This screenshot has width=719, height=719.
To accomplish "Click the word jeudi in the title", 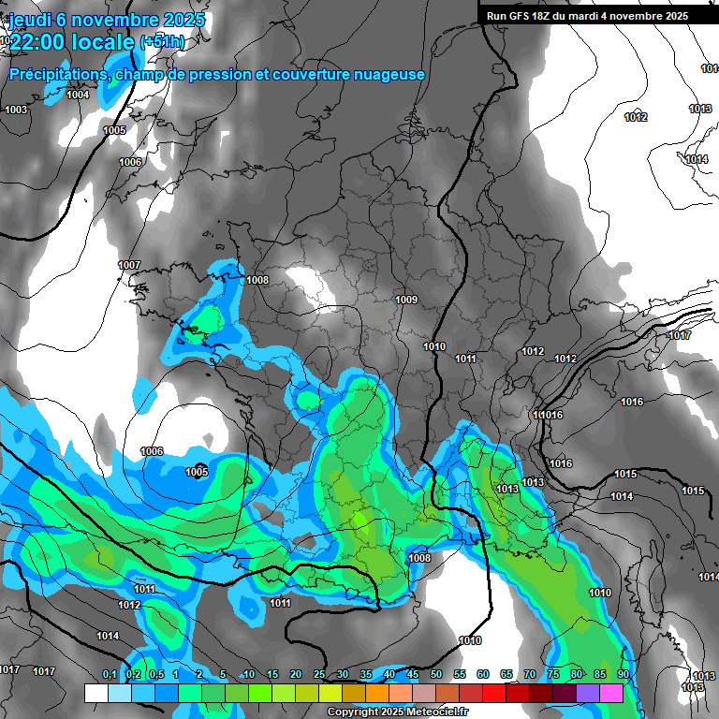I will [x=31, y=20].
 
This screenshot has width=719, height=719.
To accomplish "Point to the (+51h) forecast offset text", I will [x=162, y=42].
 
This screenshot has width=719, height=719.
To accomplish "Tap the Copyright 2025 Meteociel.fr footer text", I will [x=399, y=712].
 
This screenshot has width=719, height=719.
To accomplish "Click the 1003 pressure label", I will [x=16, y=110].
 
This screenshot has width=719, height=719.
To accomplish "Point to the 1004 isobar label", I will [x=78, y=95].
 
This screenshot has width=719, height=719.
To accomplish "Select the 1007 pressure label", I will [x=129, y=265].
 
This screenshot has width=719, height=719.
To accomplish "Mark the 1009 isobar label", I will [x=406, y=300].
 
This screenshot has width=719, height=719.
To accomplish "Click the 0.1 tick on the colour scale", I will [x=109, y=674].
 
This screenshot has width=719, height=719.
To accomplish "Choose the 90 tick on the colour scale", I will [x=623, y=674].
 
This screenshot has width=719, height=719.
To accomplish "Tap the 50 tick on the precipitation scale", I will [x=436, y=674].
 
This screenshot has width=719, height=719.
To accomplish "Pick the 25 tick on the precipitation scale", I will [x=319, y=674].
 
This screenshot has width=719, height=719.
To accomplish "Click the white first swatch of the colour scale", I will [x=95, y=693].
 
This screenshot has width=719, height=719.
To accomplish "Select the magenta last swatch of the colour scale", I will [x=611, y=693].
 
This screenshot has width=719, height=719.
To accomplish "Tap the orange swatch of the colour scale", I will [x=376, y=693].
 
